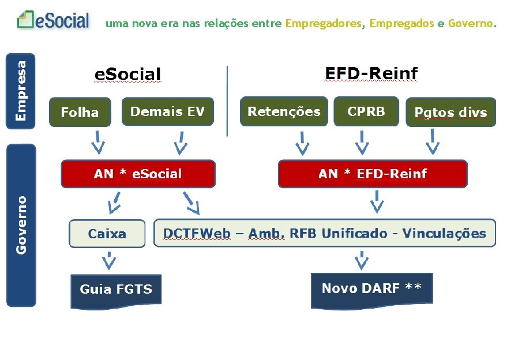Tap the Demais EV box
pos(167,111)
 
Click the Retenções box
pos(283,111)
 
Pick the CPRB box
pos(366,111)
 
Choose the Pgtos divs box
pos(450,112)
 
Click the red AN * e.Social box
pos(138,174)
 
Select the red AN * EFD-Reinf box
pos(373,174)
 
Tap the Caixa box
pos(107,234)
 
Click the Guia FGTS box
pos(115,290)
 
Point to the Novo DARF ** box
pos(371,288)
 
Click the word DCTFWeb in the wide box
pos(197,234)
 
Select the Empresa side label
pos(21,91)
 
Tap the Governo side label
pos(21,224)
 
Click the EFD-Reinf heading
pos(371,74)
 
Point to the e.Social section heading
pos(127,74)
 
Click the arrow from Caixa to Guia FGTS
pos(108,261)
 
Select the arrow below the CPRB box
pos(362,142)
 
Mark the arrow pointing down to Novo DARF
pos(362,260)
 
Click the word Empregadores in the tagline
pos(324,24)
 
